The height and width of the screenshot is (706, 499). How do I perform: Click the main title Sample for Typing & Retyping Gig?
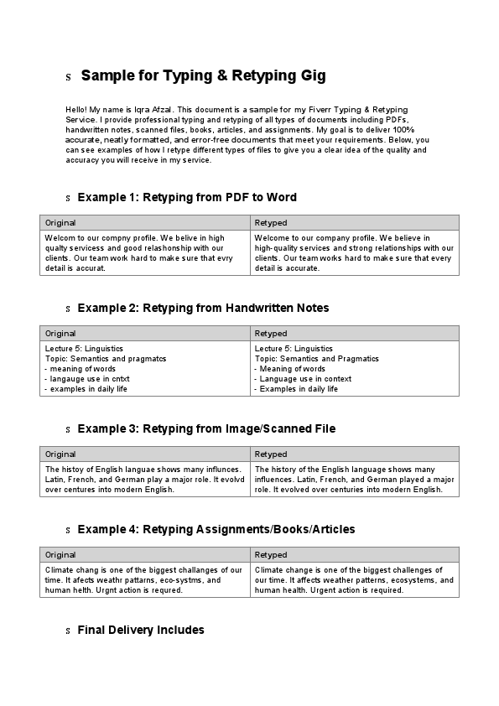pyautogui.click(x=203, y=76)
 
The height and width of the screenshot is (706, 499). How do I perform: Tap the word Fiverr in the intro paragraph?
pyautogui.click(x=328, y=110)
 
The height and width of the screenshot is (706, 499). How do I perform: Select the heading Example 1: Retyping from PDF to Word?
pyautogui.click(x=186, y=198)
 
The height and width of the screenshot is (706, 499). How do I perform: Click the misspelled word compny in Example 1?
pyautogui.click(x=111, y=238)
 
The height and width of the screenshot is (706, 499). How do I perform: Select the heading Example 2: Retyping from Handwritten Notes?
pyautogui.click(x=203, y=309)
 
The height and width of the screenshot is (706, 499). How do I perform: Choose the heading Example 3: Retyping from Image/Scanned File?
pyautogui.click(x=206, y=429)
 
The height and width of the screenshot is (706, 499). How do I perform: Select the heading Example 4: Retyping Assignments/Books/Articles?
pyautogui.click(x=216, y=530)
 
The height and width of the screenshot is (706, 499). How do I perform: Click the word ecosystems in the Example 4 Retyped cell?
pyautogui.click(x=408, y=580)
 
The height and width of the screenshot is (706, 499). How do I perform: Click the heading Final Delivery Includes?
pyautogui.click(x=140, y=631)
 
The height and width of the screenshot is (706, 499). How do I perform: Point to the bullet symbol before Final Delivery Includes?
pyautogui.click(x=68, y=631)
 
